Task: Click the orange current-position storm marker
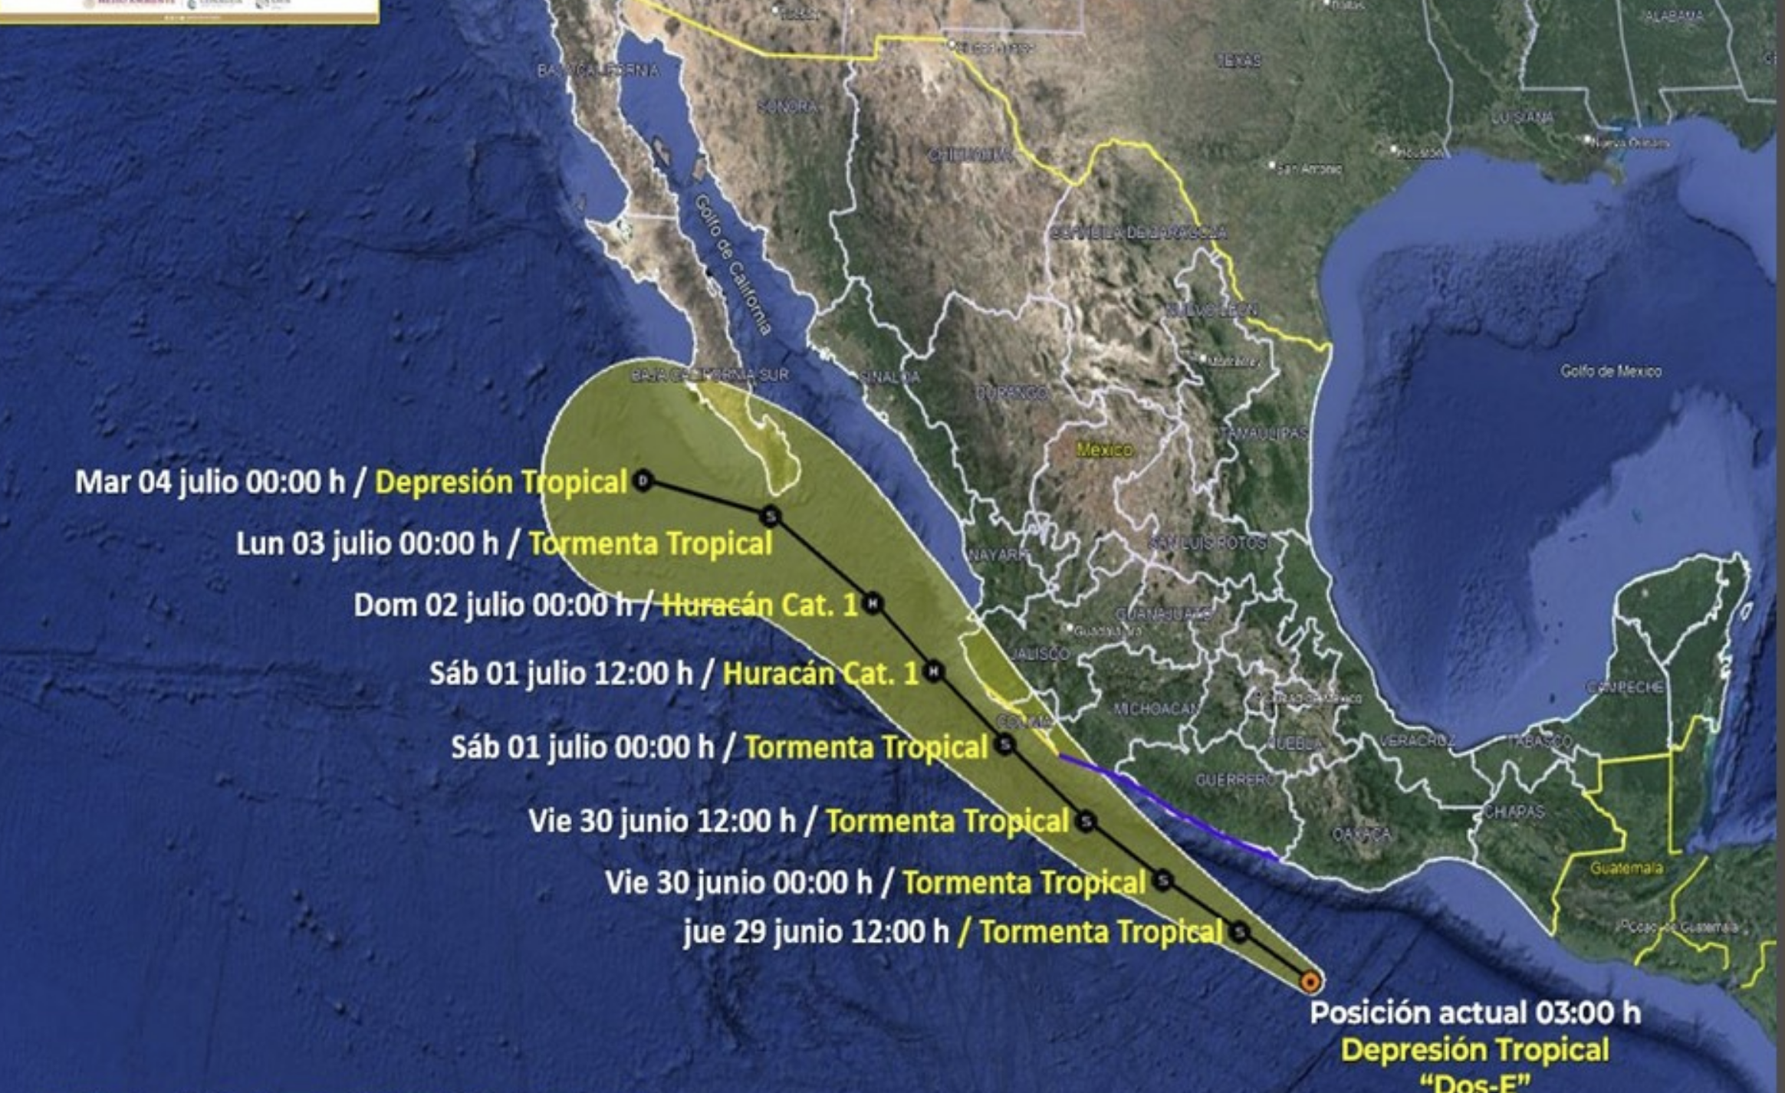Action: pyautogui.click(x=1310, y=982)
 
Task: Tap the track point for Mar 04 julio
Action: pyautogui.click(x=643, y=481)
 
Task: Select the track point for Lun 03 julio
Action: pyautogui.click(x=771, y=516)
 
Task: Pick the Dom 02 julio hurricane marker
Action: pyautogui.click(x=872, y=603)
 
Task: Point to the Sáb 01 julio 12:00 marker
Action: pyautogui.click(x=932, y=672)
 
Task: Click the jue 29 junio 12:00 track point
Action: pyautogui.click(x=1240, y=932)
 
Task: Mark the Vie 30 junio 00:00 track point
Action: pyautogui.click(x=1163, y=880)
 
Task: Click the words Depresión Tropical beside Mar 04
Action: pyautogui.click(x=501, y=482)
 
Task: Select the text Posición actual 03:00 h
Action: pyautogui.click(x=1474, y=1013)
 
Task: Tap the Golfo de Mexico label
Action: pyautogui.click(x=1610, y=372)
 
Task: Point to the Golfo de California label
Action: pyautogui.click(x=732, y=264)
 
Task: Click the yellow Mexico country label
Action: pyautogui.click(x=1104, y=450)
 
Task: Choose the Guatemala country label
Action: pyautogui.click(x=1626, y=868)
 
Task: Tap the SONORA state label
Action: pyautogui.click(x=787, y=107)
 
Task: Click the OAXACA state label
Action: pyautogui.click(x=1361, y=834)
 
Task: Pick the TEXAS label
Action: pyautogui.click(x=1238, y=60)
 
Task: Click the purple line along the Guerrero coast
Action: pyautogui.click(x=1165, y=805)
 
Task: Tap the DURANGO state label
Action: pyautogui.click(x=1011, y=393)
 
